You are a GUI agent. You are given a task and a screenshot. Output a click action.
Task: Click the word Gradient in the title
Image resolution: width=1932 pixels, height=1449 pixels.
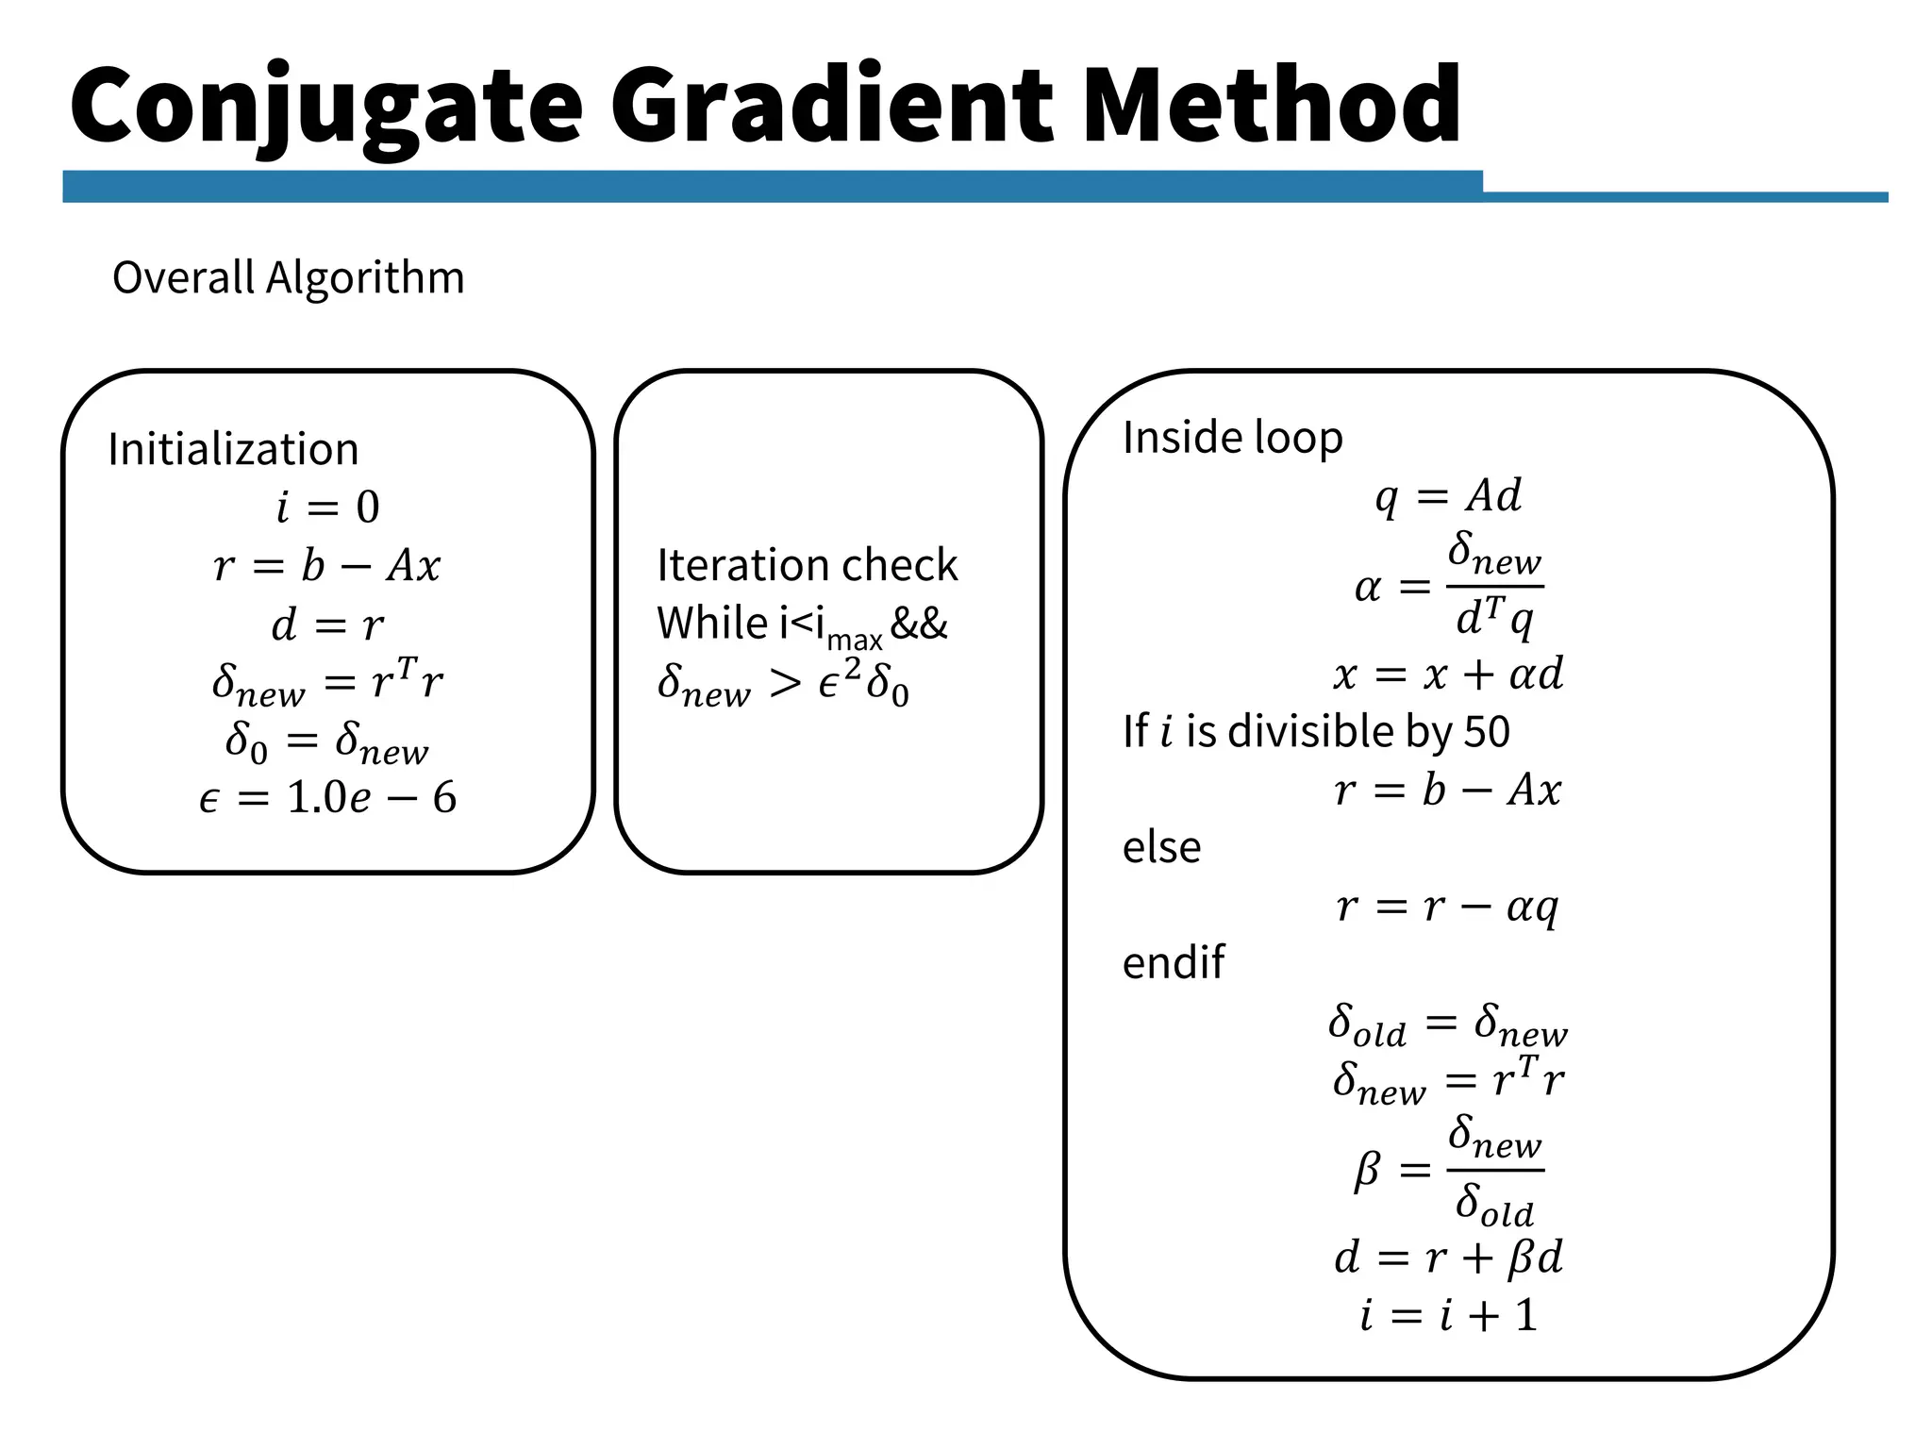tap(830, 106)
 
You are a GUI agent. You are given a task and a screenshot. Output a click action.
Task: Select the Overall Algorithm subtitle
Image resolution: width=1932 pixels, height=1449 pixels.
tap(289, 278)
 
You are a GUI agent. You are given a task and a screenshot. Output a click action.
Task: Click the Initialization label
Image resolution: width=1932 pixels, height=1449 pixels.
tap(233, 449)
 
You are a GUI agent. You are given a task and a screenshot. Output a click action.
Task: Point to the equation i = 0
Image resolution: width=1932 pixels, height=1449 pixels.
tap(327, 508)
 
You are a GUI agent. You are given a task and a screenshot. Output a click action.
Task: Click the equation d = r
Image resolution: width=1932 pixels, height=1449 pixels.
tap(327, 625)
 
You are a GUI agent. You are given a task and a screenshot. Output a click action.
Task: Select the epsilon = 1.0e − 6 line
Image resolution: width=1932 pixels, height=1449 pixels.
tap(327, 798)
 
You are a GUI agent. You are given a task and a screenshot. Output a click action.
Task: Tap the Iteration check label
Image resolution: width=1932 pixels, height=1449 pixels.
tap(807, 565)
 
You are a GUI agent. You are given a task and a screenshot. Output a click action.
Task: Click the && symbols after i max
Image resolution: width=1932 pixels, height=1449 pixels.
tap(919, 624)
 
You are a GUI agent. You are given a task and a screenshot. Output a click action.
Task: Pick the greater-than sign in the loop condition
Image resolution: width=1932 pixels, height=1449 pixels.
tap(785, 683)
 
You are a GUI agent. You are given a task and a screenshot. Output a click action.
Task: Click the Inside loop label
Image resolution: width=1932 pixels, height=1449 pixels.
tap(1232, 438)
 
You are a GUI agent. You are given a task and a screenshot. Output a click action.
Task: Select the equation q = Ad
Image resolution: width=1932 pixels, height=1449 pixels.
tap(1448, 496)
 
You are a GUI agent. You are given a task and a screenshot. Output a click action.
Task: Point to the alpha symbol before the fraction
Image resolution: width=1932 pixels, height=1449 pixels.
tap(1368, 588)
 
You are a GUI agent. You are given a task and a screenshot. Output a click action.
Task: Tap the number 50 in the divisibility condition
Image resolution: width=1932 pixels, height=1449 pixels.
tap(1487, 732)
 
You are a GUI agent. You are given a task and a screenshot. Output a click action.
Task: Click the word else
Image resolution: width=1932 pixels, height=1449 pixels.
tap(1161, 847)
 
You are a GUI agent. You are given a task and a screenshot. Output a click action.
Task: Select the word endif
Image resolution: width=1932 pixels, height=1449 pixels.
tap(1173, 963)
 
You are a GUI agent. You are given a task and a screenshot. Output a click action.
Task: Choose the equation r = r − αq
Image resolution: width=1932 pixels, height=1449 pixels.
tap(1448, 907)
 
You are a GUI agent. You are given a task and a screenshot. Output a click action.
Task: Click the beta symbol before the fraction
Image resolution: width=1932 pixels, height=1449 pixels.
tap(1367, 1171)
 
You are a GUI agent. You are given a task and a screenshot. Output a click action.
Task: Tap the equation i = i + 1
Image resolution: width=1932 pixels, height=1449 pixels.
tap(1448, 1315)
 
